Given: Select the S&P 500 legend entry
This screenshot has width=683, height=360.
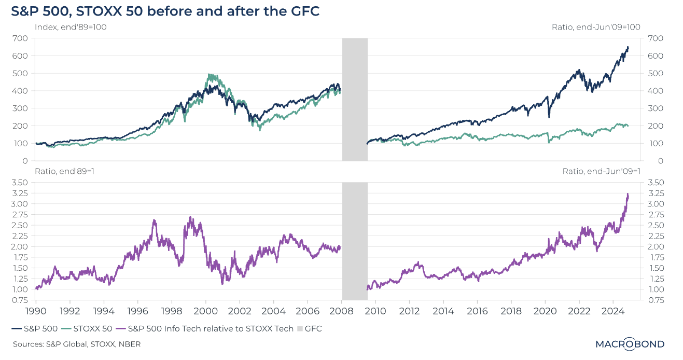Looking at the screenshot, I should pos(34,328).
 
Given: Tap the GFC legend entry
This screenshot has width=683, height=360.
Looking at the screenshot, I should pos(309,328).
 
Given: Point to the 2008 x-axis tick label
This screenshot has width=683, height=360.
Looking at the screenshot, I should pos(342,312).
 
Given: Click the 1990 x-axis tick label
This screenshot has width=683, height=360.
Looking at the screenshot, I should pos(36,312).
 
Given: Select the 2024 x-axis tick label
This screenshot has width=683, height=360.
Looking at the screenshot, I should pos(614,312).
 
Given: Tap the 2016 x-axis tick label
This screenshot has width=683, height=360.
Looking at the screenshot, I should pos(478,312).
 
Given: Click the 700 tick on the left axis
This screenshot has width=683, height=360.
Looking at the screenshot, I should pos(21,38).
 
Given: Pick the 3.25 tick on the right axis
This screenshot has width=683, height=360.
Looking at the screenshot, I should pos(652,193).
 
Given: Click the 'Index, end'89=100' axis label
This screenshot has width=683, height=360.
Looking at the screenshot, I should pos(71,27).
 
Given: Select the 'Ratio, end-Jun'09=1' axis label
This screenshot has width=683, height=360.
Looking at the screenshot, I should pos(602,171).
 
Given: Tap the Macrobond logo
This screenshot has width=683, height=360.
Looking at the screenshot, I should pos(630,344).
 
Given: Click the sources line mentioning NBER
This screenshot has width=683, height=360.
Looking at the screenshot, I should pos(77,344).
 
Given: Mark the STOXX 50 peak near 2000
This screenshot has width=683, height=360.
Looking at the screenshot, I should pos(209,75).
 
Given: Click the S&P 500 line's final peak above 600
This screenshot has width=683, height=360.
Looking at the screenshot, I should pos(628,47).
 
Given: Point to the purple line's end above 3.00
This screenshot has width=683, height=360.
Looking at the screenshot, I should pos(628,195).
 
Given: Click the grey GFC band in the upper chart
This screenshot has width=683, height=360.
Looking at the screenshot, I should pos(355,99).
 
